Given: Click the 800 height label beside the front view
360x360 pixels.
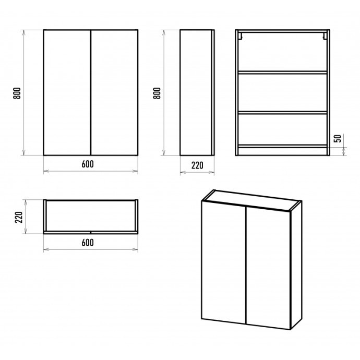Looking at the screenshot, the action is [17, 93].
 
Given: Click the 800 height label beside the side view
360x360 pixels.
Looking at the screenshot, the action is [157, 93].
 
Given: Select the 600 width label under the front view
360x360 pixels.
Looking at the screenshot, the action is [88, 164].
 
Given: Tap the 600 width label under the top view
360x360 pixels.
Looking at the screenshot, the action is [88, 243].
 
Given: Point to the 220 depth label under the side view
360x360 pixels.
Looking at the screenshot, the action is [197, 165].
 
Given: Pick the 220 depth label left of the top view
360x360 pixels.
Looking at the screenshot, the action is [19, 217].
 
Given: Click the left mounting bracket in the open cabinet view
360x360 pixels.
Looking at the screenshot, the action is [240, 36].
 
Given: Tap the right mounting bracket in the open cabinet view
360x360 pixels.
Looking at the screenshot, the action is [325, 36].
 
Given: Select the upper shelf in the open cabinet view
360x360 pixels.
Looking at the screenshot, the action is [283, 73].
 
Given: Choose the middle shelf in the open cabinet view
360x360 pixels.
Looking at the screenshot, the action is [283, 113].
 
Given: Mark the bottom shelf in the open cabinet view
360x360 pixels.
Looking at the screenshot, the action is [283, 146].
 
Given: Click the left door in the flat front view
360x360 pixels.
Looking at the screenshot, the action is [67, 92].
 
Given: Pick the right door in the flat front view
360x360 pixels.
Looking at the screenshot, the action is [114, 92].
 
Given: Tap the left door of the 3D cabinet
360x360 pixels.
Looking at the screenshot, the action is [224, 262].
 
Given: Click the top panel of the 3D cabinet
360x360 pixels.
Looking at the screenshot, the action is [251, 200].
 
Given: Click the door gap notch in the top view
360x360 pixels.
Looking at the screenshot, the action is [91, 232].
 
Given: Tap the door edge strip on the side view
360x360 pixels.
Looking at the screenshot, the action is [213, 92].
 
